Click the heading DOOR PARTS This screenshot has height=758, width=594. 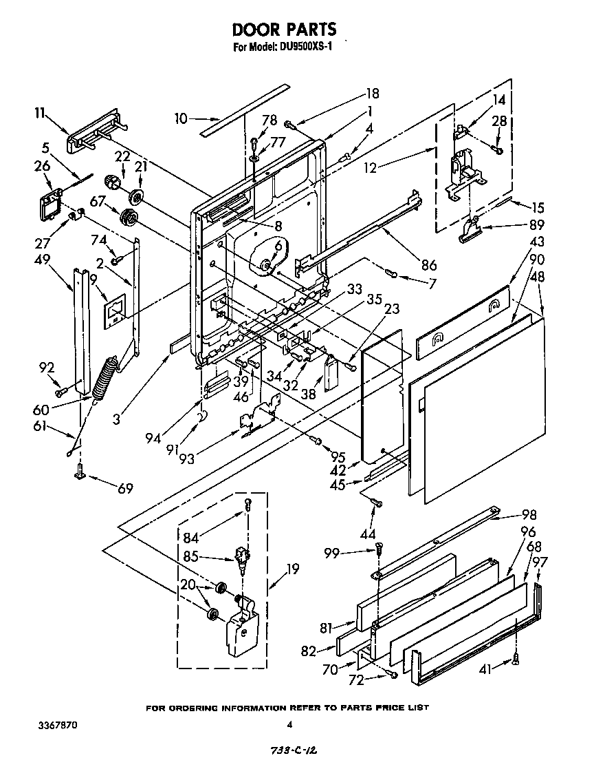(284, 29)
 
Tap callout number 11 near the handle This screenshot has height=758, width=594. (41, 114)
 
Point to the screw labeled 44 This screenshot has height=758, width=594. (375, 505)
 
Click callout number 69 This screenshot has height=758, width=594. (124, 488)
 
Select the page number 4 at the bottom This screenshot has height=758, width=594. (289, 724)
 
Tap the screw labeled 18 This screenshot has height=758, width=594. (290, 125)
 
